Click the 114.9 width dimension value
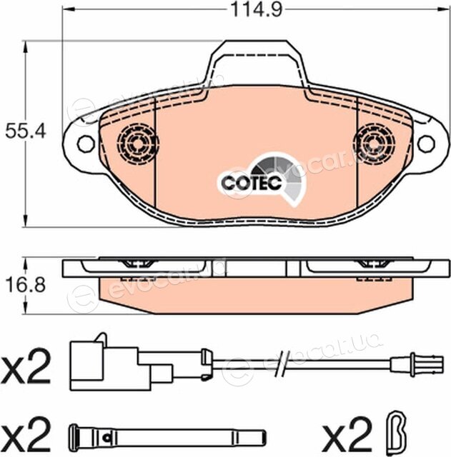(x=256, y=9)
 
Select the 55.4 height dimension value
(x=26, y=131)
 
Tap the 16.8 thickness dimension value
(x=26, y=285)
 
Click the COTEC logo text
(x=252, y=183)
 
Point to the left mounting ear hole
(x=86, y=144)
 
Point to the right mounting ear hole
(x=426, y=144)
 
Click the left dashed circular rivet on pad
(x=138, y=144)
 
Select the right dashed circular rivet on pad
(x=375, y=144)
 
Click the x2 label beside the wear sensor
(x=26, y=366)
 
